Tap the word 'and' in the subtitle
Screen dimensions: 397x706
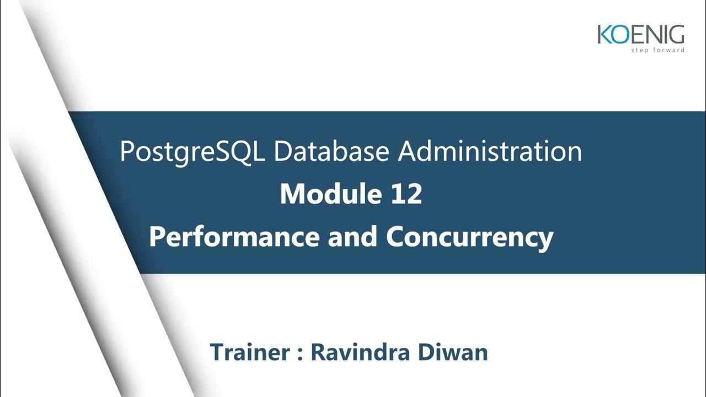(x=352, y=237)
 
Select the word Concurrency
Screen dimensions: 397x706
(x=469, y=237)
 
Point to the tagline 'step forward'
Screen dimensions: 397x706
(x=658, y=50)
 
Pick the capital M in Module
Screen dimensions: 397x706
(x=293, y=195)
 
